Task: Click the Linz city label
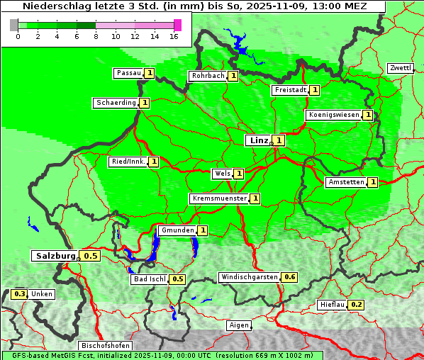(x=258, y=140)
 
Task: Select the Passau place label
(x=128, y=73)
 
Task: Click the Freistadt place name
(x=289, y=90)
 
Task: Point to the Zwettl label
(x=400, y=68)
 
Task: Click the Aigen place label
(x=239, y=326)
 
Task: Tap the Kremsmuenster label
(x=219, y=198)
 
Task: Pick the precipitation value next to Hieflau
(x=357, y=305)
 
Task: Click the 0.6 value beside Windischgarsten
(x=289, y=277)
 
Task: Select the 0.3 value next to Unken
(x=20, y=294)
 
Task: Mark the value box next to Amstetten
(x=373, y=182)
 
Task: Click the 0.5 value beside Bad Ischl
(x=177, y=279)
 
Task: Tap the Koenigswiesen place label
(x=333, y=115)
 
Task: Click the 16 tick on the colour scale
(x=174, y=36)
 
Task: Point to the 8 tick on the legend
(x=96, y=36)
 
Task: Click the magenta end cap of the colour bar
(x=177, y=25)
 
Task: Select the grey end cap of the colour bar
(x=14, y=25)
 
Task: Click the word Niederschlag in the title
(x=53, y=6)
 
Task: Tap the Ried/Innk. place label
(x=128, y=162)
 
